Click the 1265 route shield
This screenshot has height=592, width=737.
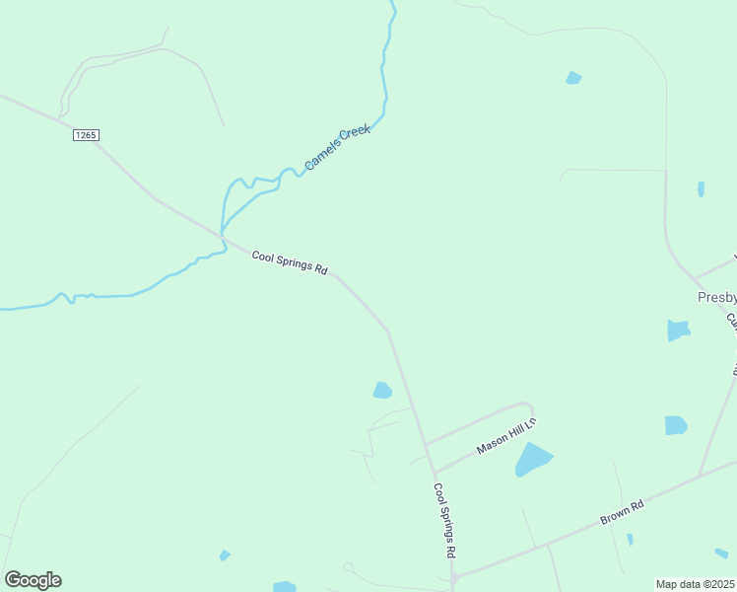click(86, 135)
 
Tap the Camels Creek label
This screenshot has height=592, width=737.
click(337, 147)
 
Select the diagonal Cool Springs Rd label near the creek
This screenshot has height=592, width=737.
click(289, 262)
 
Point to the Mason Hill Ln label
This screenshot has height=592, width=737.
click(505, 435)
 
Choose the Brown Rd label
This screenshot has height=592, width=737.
click(622, 512)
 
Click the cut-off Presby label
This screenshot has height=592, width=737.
click(716, 297)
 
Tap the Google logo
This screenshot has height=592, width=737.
click(33, 580)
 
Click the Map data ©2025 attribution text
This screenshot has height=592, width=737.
click(696, 583)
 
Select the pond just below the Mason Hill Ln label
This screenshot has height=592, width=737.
click(532, 459)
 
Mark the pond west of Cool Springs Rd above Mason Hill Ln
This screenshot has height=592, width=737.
click(382, 391)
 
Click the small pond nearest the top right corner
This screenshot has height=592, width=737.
click(573, 78)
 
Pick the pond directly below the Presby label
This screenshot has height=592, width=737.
click(677, 330)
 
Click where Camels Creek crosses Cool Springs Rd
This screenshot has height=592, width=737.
click(223, 235)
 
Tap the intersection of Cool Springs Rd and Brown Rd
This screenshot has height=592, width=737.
click(453, 576)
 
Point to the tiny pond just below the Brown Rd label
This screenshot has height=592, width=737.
click(630, 540)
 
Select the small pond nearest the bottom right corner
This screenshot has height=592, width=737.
click(721, 553)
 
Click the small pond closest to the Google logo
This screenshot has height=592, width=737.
click(225, 555)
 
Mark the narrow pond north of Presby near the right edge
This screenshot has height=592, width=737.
click(701, 188)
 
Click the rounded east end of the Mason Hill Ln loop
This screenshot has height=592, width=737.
click(530, 407)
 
